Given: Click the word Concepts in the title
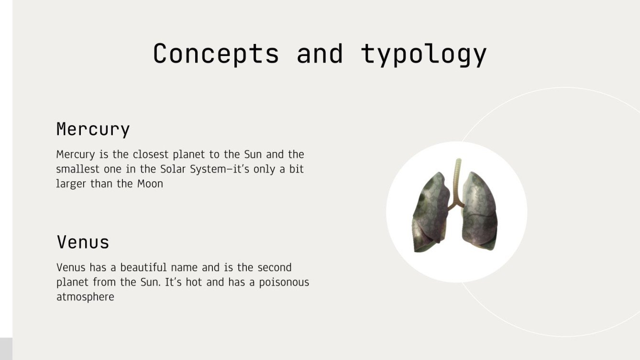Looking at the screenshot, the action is point(216,54).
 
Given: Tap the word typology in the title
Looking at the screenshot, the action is point(424,55).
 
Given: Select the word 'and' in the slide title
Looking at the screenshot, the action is point(320,54).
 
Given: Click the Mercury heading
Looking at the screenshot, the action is point(93,130).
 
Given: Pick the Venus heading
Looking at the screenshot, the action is point(83,242).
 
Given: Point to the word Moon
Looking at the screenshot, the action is point(150,184).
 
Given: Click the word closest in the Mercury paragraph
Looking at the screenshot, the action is point(151,154).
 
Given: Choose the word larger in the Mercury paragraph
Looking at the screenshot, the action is point(71,184).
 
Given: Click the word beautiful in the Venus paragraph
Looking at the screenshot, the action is point(143,268).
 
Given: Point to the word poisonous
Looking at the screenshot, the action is point(284,283).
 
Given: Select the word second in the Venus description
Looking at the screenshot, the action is point(274,268).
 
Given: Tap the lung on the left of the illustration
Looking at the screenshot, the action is point(431,213).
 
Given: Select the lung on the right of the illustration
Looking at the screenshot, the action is point(480,211).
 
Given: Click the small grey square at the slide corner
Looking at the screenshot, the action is point(6,349).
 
